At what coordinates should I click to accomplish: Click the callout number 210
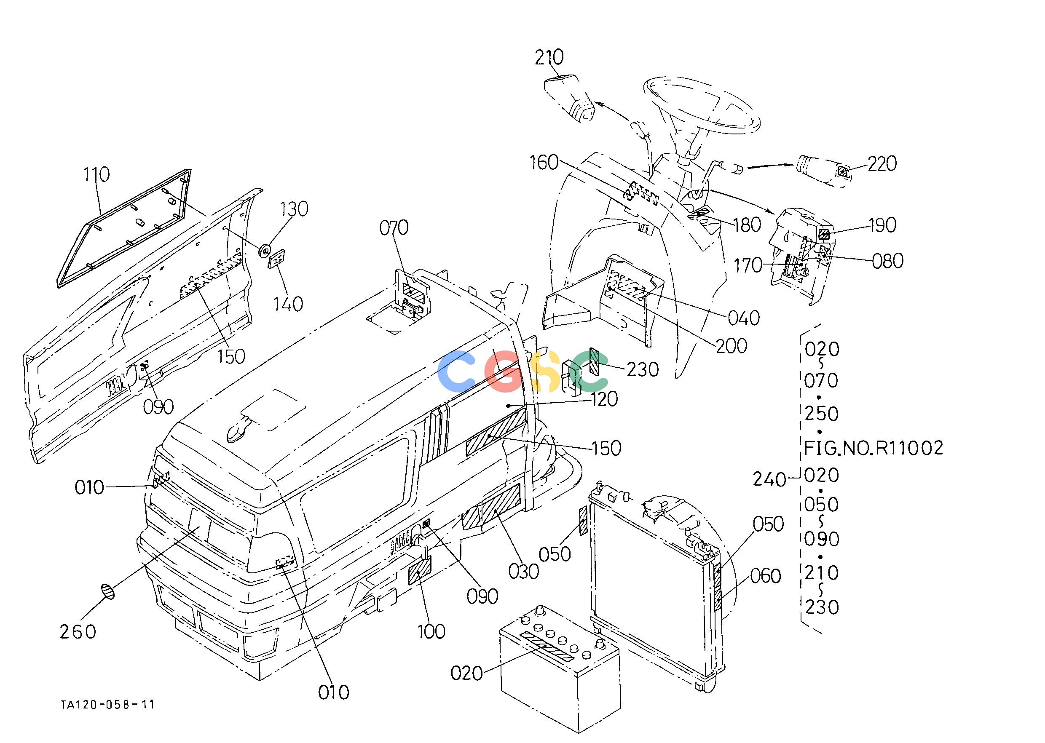coord(549,58)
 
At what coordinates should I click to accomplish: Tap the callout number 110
coord(96,174)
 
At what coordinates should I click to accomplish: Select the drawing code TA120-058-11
coord(107,704)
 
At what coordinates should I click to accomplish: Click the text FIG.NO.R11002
coord(874,448)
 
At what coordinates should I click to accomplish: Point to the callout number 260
coord(78,632)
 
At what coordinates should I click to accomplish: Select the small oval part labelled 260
coord(108,591)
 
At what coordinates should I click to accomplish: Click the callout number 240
coord(770,479)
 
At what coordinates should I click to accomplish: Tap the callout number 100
coord(431,632)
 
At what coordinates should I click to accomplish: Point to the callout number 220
coord(882,164)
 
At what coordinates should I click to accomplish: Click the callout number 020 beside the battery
coord(467,673)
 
